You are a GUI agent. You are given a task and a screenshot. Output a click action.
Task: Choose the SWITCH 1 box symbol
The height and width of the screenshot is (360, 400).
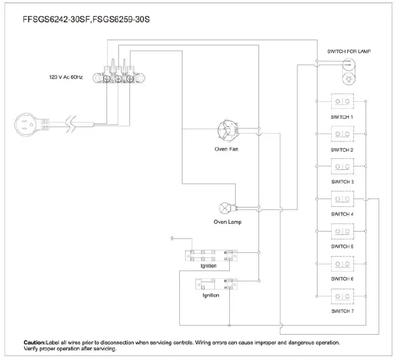(x=342, y=102)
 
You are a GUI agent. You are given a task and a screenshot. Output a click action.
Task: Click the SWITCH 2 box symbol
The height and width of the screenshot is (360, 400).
(x=342, y=134)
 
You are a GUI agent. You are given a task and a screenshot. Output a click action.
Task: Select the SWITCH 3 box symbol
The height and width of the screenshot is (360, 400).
(x=342, y=166)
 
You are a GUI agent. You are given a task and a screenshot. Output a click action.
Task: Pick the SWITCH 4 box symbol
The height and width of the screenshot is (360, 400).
(x=342, y=198)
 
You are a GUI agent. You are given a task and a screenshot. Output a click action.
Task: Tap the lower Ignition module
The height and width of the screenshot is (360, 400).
(x=214, y=283)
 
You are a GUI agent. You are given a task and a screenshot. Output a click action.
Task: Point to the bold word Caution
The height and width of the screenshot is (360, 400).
(x=34, y=341)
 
